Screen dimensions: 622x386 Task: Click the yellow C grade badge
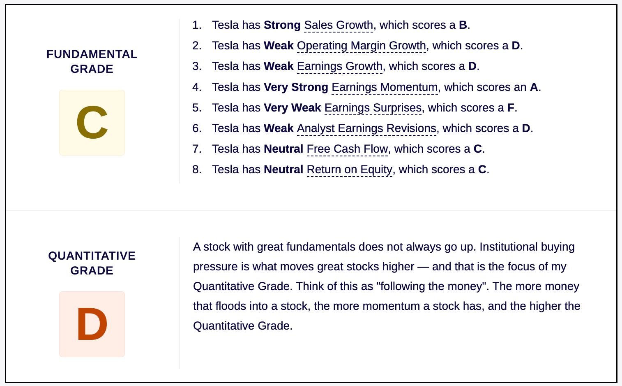click(x=92, y=123)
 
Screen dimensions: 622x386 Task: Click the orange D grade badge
click(x=92, y=324)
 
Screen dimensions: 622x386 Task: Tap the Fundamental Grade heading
click(x=92, y=61)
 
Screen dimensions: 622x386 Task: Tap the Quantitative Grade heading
click(x=92, y=263)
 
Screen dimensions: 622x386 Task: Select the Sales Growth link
click(x=339, y=25)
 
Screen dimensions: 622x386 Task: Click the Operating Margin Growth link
click(x=362, y=46)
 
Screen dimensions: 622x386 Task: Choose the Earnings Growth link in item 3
click(x=340, y=67)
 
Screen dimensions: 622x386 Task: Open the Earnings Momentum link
click(x=385, y=87)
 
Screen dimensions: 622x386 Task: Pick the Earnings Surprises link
click(x=373, y=108)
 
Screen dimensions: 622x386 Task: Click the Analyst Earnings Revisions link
click(x=366, y=128)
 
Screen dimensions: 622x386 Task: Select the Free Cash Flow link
click(x=348, y=149)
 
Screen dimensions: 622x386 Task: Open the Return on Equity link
click(x=350, y=170)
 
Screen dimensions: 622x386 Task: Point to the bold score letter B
click(x=463, y=25)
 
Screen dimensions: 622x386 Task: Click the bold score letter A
click(x=534, y=87)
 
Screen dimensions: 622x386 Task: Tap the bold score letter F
click(x=511, y=108)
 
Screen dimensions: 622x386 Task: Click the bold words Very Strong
click(x=296, y=87)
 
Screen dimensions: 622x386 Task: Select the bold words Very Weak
click(x=293, y=108)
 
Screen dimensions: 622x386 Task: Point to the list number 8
click(x=197, y=170)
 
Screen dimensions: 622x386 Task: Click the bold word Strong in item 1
click(x=282, y=25)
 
